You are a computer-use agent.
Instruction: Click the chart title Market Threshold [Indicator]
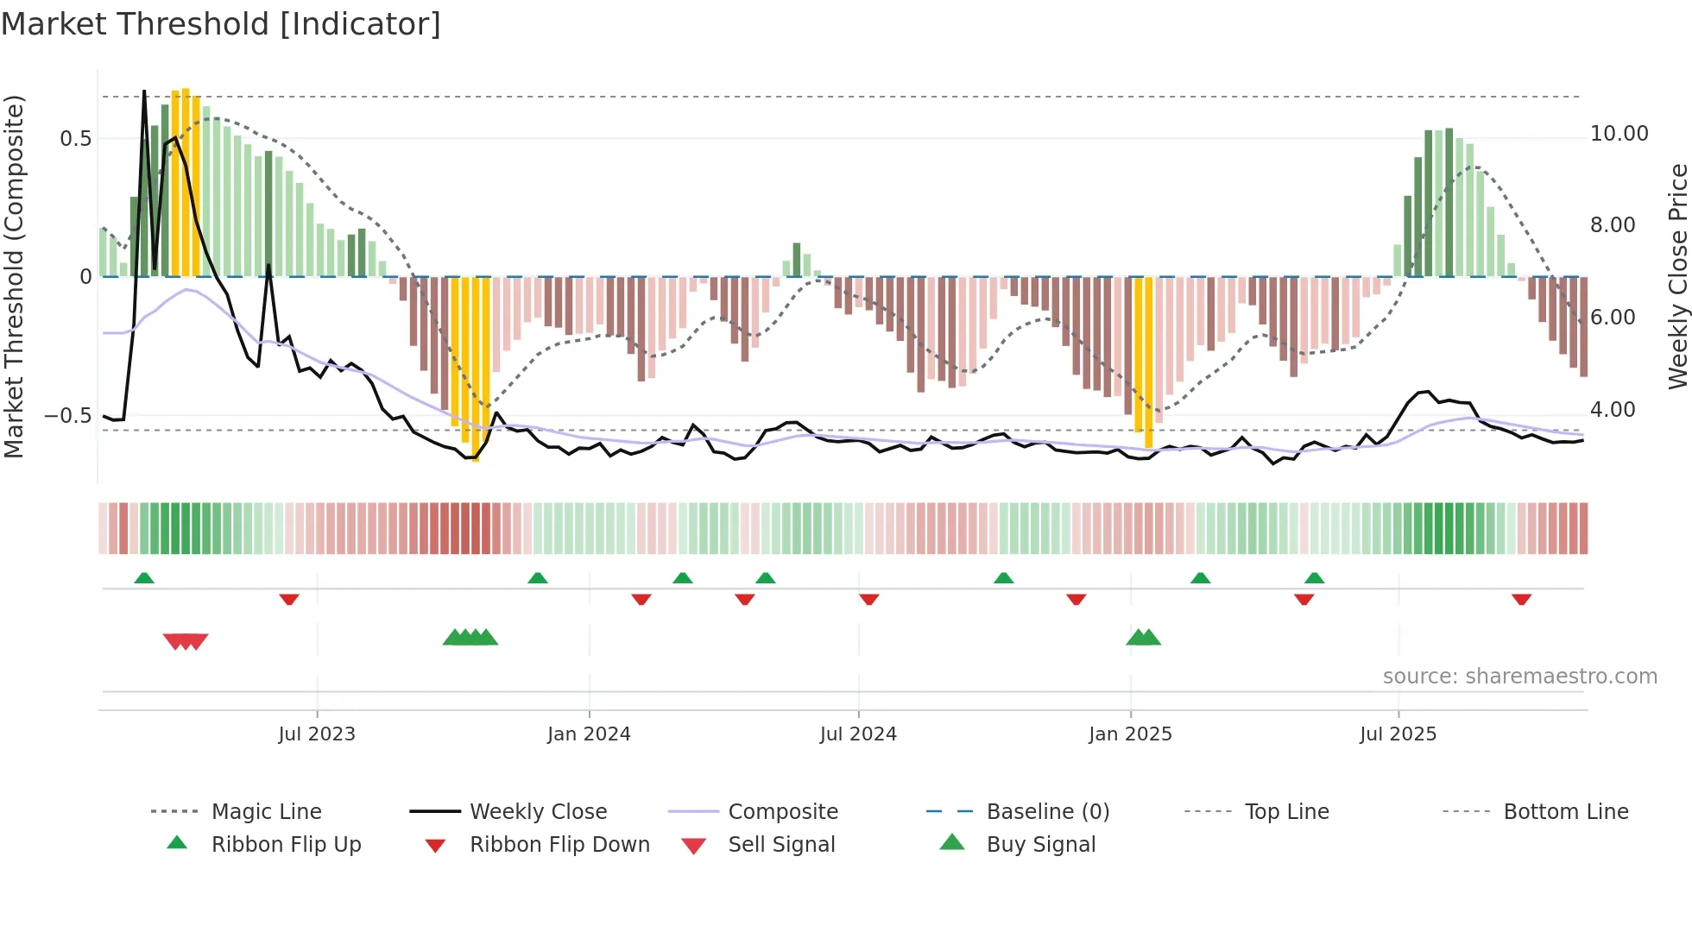click(x=221, y=24)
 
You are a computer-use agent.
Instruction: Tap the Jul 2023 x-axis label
click(x=316, y=734)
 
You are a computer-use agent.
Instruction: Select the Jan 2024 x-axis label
click(x=589, y=734)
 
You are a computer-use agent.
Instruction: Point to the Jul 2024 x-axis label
click(x=858, y=734)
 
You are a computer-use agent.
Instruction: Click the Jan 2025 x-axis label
click(x=1130, y=734)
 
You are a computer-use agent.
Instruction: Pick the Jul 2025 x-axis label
click(x=1398, y=734)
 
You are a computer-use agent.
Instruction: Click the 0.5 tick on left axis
click(x=76, y=139)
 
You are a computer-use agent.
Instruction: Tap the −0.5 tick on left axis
click(x=68, y=416)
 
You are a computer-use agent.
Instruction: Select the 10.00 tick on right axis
click(x=1619, y=134)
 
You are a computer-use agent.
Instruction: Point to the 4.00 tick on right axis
click(x=1613, y=410)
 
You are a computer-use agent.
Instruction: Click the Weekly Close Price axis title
click(x=1677, y=276)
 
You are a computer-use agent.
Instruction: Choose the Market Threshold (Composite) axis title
click(x=14, y=276)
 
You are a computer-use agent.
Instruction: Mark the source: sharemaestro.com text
click(x=1519, y=677)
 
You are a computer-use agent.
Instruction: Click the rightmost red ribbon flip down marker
click(x=1521, y=599)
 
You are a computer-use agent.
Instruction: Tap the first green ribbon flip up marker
click(x=144, y=578)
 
